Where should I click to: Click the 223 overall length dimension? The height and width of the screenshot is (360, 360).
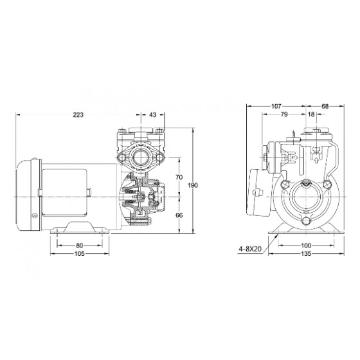78,114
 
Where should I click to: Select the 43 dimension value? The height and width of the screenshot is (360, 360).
153,114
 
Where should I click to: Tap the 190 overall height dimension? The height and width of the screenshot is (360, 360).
193,185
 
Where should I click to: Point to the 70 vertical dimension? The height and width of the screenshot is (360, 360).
179,177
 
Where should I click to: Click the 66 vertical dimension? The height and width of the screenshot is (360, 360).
179,215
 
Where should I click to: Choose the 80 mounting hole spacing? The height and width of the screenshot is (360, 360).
79,246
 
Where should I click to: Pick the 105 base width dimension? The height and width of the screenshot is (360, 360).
80,254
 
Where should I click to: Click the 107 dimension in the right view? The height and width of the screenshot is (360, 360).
276,106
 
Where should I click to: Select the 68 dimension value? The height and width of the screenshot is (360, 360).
325,106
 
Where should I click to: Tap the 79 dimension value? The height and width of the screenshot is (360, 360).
284,114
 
